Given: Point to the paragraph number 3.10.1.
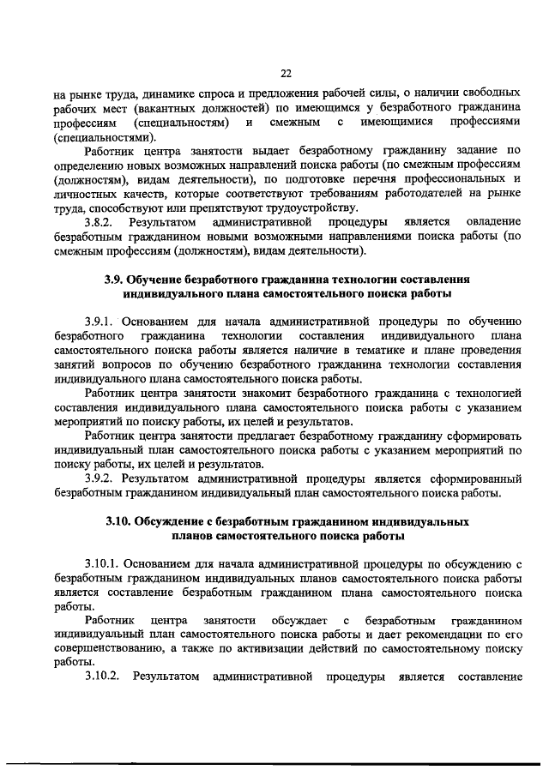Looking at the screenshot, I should click(104, 563).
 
